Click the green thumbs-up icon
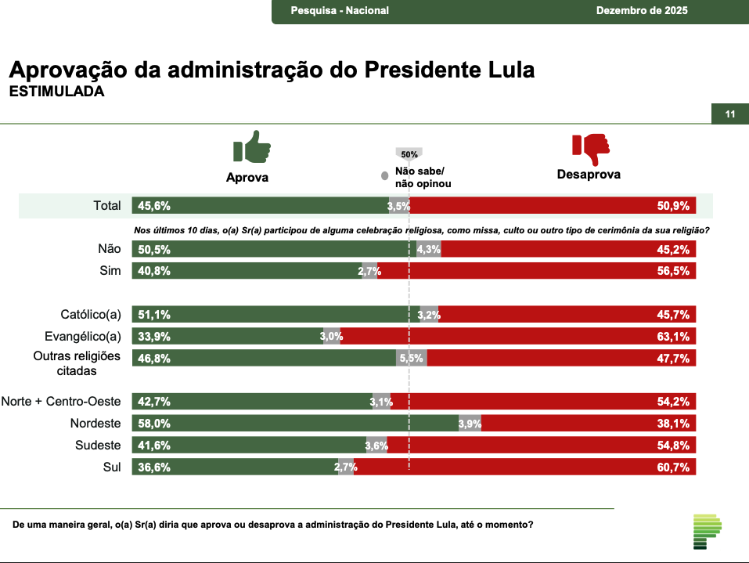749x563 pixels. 251,146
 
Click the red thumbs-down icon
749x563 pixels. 590,148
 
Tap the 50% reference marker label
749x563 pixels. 409,154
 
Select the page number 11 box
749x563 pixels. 729,114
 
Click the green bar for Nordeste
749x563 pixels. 295,424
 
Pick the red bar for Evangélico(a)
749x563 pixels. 518,337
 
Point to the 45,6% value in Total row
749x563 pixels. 154,206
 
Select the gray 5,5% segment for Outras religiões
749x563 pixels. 412,359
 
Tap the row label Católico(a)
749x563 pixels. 91,315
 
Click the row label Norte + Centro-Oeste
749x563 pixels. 61,402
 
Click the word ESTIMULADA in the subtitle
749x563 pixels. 56,92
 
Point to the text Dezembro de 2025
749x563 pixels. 642,11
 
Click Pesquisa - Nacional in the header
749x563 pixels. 340,11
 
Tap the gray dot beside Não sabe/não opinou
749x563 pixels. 384,177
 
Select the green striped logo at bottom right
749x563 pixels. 707,532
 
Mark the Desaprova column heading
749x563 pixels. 589,175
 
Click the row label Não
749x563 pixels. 110,249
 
